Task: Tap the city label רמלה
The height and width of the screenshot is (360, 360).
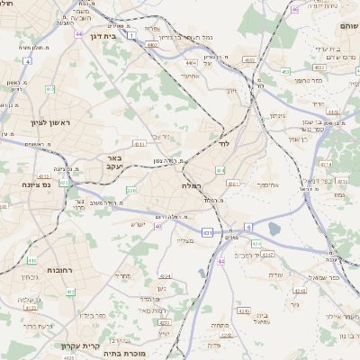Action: (192, 184)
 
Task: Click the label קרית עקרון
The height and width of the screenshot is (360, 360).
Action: (85, 346)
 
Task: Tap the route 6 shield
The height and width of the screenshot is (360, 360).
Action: (249, 226)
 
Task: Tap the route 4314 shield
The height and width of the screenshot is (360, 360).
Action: (325, 166)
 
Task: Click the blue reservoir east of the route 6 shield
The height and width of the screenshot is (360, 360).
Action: (274, 230)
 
